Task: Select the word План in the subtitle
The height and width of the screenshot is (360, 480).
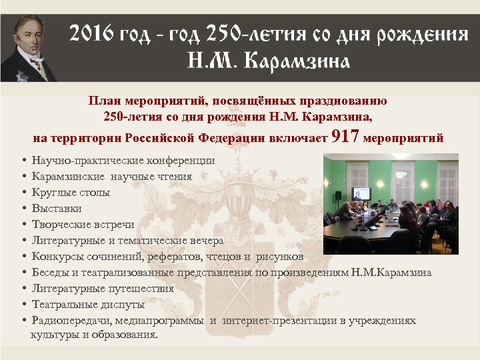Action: (x=102, y=101)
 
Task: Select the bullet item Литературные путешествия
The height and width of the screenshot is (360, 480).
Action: (x=103, y=289)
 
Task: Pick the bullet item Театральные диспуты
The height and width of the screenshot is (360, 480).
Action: (x=88, y=305)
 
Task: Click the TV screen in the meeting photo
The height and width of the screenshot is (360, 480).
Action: (x=361, y=194)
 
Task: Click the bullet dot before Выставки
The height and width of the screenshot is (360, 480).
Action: (x=24, y=209)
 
